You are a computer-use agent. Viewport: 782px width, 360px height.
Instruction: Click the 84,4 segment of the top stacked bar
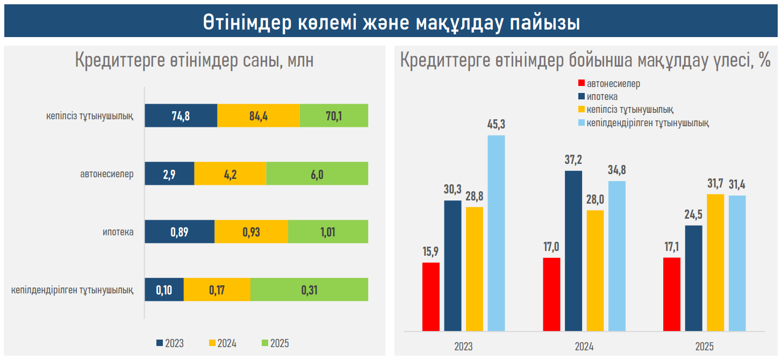click(259, 116)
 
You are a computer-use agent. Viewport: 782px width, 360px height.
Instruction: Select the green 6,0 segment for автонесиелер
click(317, 174)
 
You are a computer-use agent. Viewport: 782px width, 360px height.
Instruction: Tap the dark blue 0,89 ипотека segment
click(180, 232)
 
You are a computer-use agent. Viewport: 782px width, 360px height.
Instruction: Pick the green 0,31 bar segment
click(309, 290)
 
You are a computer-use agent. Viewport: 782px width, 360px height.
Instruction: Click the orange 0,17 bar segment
click(217, 290)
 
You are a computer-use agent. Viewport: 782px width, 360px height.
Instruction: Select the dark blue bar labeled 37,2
click(573, 250)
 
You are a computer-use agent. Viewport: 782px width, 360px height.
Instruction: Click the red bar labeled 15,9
click(431, 297)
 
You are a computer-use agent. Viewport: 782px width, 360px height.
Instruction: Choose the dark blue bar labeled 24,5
click(694, 278)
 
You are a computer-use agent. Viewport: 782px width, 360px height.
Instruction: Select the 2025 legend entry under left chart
click(275, 343)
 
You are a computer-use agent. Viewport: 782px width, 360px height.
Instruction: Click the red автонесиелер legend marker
click(580, 84)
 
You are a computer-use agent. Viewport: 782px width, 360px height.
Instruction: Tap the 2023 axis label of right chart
click(463, 347)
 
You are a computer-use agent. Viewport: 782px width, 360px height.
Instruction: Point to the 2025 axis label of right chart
click(704, 347)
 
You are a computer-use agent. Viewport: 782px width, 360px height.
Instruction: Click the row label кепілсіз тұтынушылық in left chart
click(90, 116)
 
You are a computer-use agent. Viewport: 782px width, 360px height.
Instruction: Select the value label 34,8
click(616, 170)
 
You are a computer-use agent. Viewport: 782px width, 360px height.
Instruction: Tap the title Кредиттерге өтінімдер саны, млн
click(194, 61)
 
